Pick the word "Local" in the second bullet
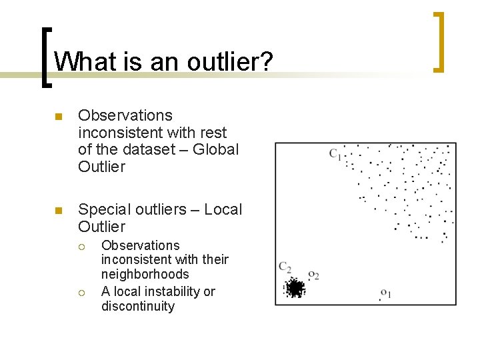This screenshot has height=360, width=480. (223, 209)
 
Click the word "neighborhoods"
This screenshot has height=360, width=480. (145, 274)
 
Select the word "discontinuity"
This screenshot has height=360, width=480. (137, 307)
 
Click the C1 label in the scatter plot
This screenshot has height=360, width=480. (335, 155)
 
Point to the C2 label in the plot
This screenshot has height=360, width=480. (285, 267)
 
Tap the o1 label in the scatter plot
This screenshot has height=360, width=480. (385, 293)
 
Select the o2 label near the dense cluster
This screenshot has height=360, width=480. (313, 275)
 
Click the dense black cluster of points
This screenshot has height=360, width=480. (295, 288)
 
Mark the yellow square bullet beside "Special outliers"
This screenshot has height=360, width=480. (59, 211)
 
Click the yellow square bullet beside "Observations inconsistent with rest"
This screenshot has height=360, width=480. (59, 117)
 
